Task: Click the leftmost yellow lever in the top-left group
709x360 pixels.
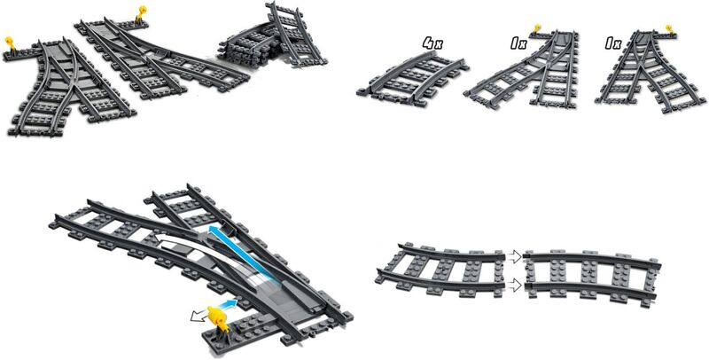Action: tap(11, 42)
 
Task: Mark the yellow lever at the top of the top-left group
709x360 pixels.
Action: tap(141, 11)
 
